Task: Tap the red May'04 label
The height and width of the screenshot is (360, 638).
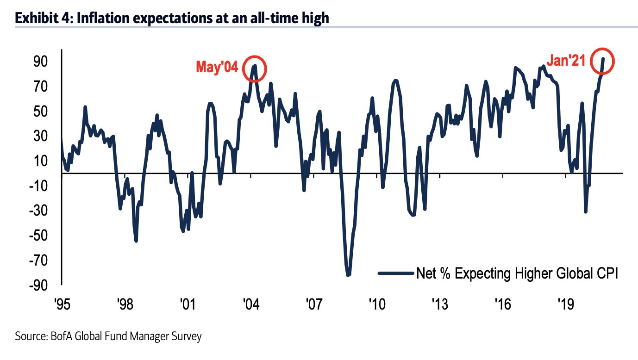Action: (217, 68)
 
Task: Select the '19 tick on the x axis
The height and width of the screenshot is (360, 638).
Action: (566, 304)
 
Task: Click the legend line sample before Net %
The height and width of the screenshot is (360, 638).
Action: (396, 273)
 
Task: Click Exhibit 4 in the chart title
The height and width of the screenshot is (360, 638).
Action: (41, 19)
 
